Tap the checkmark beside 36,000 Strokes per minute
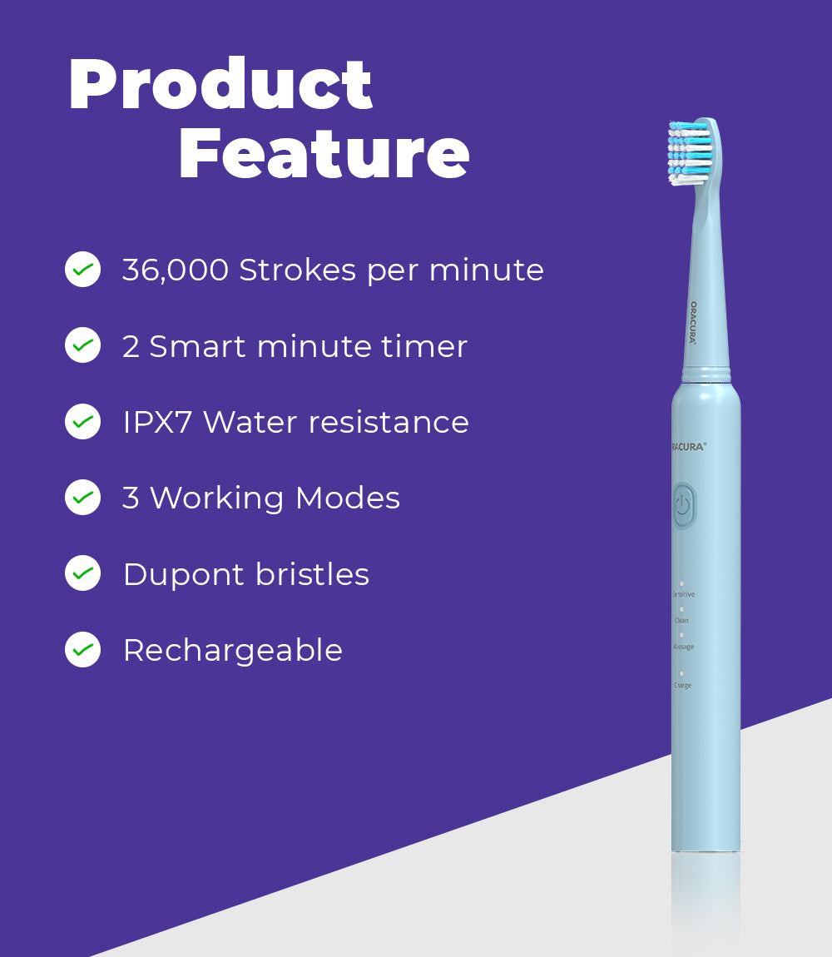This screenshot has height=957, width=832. pyautogui.click(x=82, y=270)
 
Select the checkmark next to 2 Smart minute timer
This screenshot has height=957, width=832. pyautogui.click(x=82, y=345)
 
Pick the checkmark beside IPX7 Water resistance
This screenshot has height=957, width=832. pyautogui.click(x=82, y=422)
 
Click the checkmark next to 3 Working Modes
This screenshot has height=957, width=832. pyautogui.click(x=82, y=498)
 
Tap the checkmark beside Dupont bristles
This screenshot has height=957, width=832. pyautogui.click(x=82, y=573)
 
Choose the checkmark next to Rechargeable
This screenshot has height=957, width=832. pyautogui.click(x=82, y=650)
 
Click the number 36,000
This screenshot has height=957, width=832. pyautogui.click(x=175, y=270)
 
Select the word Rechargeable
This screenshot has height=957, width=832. pyautogui.click(x=232, y=651)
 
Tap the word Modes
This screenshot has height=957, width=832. pyautogui.click(x=348, y=498)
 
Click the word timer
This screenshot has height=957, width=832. pyautogui.click(x=424, y=346)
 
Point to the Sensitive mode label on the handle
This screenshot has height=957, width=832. pyautogui.click(x=683, y=594)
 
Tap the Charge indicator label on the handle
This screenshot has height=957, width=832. pyautogui.click(x=682, y=686)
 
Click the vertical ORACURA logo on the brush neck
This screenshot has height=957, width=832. pyautogui.click(x=693, y=323)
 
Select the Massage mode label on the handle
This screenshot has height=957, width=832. pyautogui.click(x=682, y=647)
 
